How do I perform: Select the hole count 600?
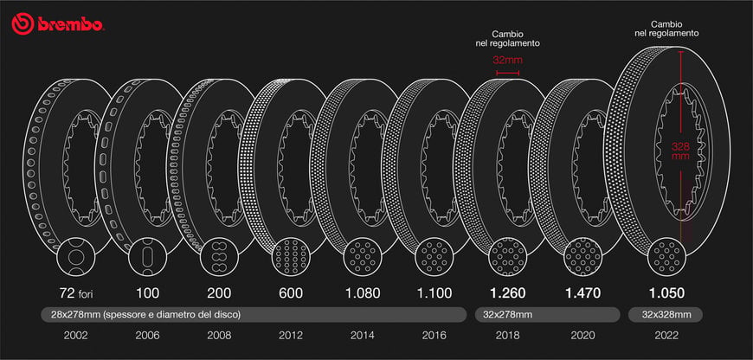tap(291, 292)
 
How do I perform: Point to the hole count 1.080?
tap(363, 292)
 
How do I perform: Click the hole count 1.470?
tap(582, 292)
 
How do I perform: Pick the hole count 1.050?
tap(666, 292)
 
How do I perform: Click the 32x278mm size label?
tap(508, 314)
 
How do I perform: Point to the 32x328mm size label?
tap(666, 314)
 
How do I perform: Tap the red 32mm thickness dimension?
tap(505, 62)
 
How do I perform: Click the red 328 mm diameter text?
tap(681, 151)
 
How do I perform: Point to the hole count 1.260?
tap(507, 292)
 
